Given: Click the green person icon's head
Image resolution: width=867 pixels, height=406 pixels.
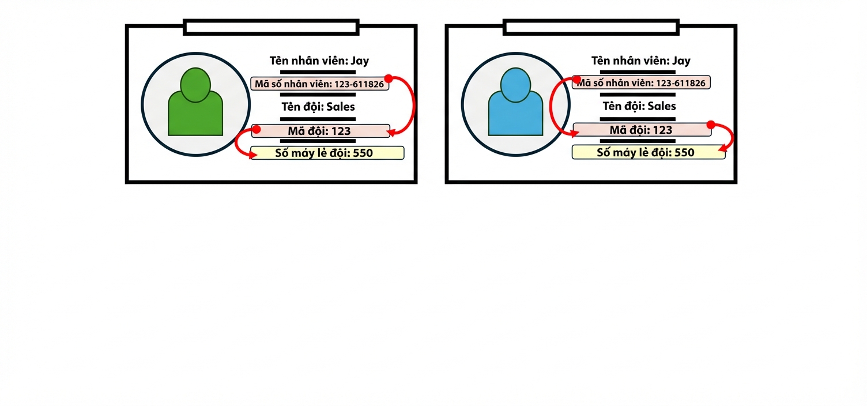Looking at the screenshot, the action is coord(195,85).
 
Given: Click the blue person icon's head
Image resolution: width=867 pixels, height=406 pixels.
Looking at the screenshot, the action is coord(515,85).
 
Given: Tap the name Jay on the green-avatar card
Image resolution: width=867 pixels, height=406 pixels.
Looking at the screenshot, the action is coord(360,61).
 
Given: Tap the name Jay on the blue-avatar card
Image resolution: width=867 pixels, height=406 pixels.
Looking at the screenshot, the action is coord(681,61).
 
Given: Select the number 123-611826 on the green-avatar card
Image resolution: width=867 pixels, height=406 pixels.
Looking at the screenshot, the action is coord(359,84).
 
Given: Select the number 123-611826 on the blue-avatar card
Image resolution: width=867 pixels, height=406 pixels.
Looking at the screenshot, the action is coord(681,83).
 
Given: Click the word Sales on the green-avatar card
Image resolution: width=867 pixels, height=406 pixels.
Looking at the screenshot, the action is coord(341,107).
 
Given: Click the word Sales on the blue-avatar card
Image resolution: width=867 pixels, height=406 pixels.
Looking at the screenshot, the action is coord(662,106).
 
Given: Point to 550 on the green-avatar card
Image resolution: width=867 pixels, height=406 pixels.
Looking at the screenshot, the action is coord(363,153).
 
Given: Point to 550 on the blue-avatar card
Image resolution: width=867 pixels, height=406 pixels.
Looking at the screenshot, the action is coord(684,152).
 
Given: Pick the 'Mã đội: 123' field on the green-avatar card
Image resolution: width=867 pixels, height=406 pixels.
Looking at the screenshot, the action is coord(321,131).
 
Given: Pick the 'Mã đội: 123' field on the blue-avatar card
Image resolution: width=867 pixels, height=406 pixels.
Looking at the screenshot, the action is coord(642,130).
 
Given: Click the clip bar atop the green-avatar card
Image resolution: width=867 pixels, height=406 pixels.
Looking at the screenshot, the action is coord(271,27).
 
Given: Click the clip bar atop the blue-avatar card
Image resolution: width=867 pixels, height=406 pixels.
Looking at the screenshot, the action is coord(591,27).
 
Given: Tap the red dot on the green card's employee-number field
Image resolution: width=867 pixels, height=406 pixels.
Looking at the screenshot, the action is coord(389,78).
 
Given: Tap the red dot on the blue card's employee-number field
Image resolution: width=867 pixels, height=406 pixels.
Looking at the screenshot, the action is coord(576,80).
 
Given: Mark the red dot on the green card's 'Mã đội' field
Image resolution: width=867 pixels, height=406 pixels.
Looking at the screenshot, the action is coord(256,129).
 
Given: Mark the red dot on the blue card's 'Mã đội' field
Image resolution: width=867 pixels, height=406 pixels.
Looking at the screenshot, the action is coord(711,125).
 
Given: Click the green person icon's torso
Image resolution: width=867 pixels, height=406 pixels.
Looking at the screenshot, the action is coord(195,116).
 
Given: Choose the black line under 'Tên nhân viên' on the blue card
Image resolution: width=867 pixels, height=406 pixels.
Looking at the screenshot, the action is coord(638,72).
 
